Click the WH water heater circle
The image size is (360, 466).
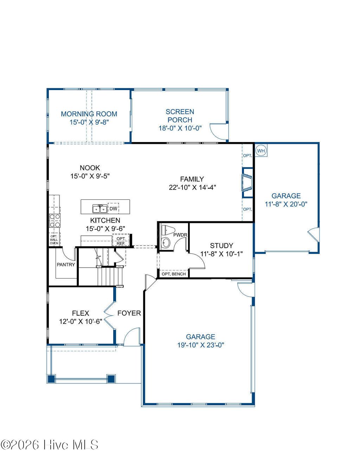click(x=261, y=151)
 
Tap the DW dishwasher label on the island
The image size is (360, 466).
click(x=113, y=209)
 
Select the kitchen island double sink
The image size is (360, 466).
click(x=100, y=209)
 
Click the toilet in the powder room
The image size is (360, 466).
click(x=168, y=230)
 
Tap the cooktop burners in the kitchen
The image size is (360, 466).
click(x=54, y=221)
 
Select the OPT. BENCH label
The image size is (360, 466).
click(x=174, y=274)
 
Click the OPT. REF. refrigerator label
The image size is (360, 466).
click(x=121, y=241)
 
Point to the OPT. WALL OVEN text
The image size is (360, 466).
click(x=54, y=240)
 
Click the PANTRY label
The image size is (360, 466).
click(x=66, y=264)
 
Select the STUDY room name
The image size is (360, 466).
click(x=221, y=245)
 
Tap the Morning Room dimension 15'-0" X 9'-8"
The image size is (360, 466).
click(x=89, y=122)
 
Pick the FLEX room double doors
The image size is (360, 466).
click(x=109, y=313)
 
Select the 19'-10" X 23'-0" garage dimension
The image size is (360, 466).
click(x=200, y=345)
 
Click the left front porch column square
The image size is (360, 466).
click(x=51, y=379)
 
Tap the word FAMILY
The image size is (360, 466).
click(x=192, y=179)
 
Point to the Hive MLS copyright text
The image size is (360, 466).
click(x=50, y=445)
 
